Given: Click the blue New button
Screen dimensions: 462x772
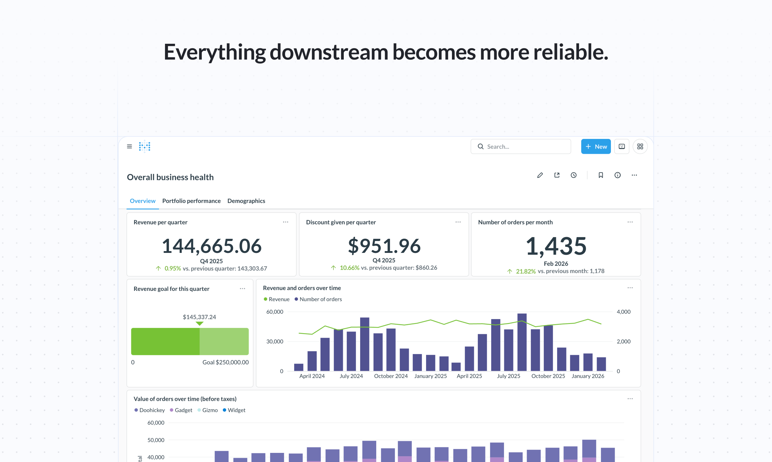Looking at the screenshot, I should (x=595, y=146).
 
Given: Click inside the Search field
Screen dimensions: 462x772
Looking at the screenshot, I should (x=526, y=146).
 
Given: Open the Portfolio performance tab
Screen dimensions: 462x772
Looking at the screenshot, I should (x=191, y=201).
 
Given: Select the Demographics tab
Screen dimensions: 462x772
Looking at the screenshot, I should (x=246, y=201).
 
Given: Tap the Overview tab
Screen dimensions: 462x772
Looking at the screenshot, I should (x=142, y=201).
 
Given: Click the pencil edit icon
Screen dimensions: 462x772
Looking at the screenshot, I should (x=540, y=175).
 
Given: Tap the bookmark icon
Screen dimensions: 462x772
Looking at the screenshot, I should (x=601, y=175).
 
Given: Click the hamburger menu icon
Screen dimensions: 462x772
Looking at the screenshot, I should (x=129, y=146).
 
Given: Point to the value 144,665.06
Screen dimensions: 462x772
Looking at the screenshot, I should (x=211, y=246).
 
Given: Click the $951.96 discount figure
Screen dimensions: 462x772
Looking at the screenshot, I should (x=384, y=246).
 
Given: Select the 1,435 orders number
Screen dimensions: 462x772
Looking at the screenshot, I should (x=556, y=246).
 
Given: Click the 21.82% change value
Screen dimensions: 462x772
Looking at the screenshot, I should (x=526, y=271).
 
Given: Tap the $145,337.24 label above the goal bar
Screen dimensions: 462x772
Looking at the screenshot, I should (x=199, y=317).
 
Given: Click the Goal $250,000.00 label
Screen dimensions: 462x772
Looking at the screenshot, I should (x=226, y=362).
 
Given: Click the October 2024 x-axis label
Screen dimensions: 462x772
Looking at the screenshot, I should (x=391, y=376).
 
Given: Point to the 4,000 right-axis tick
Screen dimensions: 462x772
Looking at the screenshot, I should (x=623, y=312).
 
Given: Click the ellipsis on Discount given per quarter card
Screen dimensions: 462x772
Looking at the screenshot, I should (x=458, y=222).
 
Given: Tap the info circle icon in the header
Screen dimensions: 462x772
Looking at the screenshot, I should (x=617, y=175).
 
